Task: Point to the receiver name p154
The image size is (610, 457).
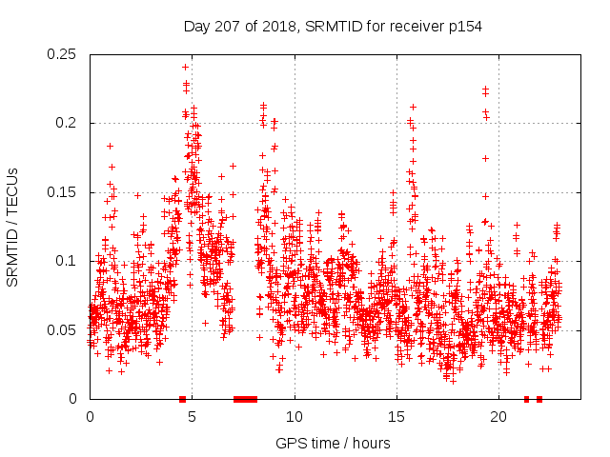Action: tap(464, 26)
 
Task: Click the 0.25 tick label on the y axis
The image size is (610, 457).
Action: tap(65, 54)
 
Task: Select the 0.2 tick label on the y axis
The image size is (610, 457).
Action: tap(69, 124)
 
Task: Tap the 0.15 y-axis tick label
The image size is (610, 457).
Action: tap(65, 192)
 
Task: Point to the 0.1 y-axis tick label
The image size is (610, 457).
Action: tap(69, 261)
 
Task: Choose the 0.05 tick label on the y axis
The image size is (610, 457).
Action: tap(65, 330)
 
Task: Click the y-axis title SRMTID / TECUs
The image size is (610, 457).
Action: tap(13, 227)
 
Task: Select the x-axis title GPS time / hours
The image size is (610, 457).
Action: tap(333, 443)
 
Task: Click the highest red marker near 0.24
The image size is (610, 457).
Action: tap(185, 67)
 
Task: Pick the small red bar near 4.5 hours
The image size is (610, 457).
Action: tap(182, 399)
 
